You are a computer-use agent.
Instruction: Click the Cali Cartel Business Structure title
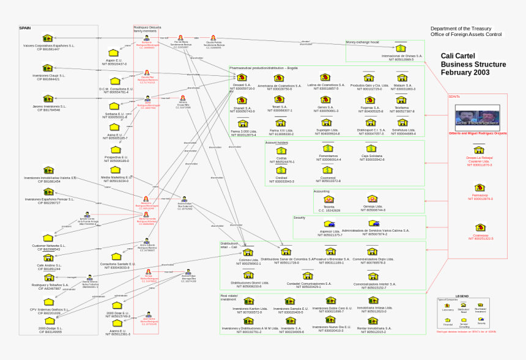pyautogui.click(x=473, y=64)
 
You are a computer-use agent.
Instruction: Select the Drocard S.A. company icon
pyautogui.click(x=242, y=78)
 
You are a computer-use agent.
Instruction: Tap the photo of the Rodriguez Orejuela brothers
pyautogui.click(x=477, y=116)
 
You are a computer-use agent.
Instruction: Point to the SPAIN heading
pyautogui.click(x=25, y=28)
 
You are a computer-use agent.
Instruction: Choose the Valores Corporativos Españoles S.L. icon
pyautogui.click(x=48, y=38)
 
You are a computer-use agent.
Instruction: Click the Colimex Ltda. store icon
pyautogui.click(x=248, y=252)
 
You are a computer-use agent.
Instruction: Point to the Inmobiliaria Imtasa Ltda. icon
pyautogui.click(x=370, y=301)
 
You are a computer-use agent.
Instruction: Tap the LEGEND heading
pyautogui.click(x=462, y=296)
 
